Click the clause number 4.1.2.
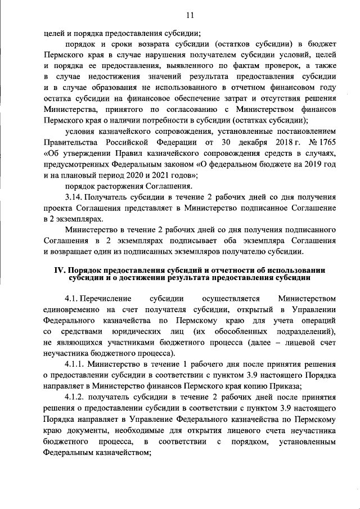[76, 398]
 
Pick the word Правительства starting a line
[70, 141]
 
